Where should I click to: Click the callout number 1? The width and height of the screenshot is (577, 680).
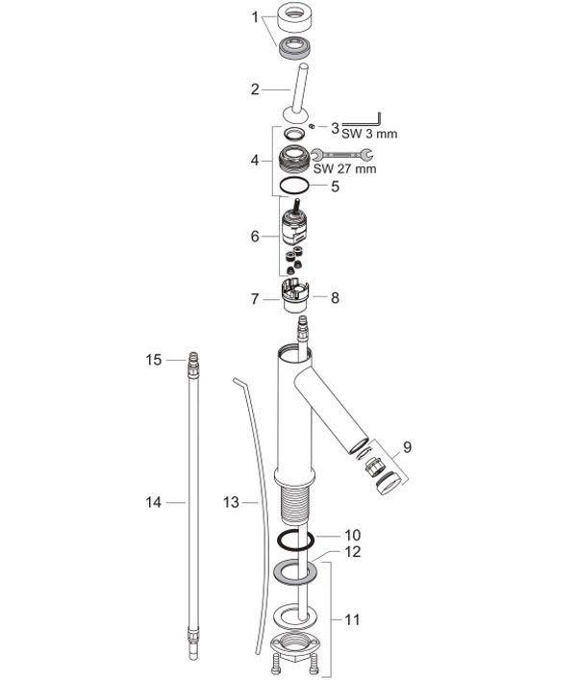(x=255, y=17)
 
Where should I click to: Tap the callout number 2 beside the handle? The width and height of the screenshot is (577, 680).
(x=255, y=89)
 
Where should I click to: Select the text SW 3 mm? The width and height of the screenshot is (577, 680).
(x=369, y=134)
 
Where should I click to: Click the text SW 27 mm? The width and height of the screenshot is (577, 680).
(x=344, y=168)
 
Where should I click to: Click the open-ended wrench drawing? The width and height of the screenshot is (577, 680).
(x=342, y=154)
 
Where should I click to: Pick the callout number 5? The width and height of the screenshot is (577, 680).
(x=335, y=187)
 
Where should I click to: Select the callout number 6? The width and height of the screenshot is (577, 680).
(x=255, y=237)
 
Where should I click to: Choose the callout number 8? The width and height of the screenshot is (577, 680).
(x=335, y=298)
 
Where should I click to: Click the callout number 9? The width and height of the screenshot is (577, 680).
(x=407, y=446)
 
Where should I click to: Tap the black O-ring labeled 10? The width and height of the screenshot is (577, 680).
(x=279, y=541)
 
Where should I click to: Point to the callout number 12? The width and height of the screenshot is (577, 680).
(x=352, y=552)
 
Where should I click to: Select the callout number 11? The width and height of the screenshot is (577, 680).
(x=352, y=619)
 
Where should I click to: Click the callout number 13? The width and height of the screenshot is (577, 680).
(x=231, y=502)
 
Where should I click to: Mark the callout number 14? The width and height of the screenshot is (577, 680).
(x=154, y=502)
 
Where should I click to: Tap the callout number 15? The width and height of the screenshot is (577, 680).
(x=154, y=360)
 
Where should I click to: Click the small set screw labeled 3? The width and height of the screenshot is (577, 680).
(x=312, y=126)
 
